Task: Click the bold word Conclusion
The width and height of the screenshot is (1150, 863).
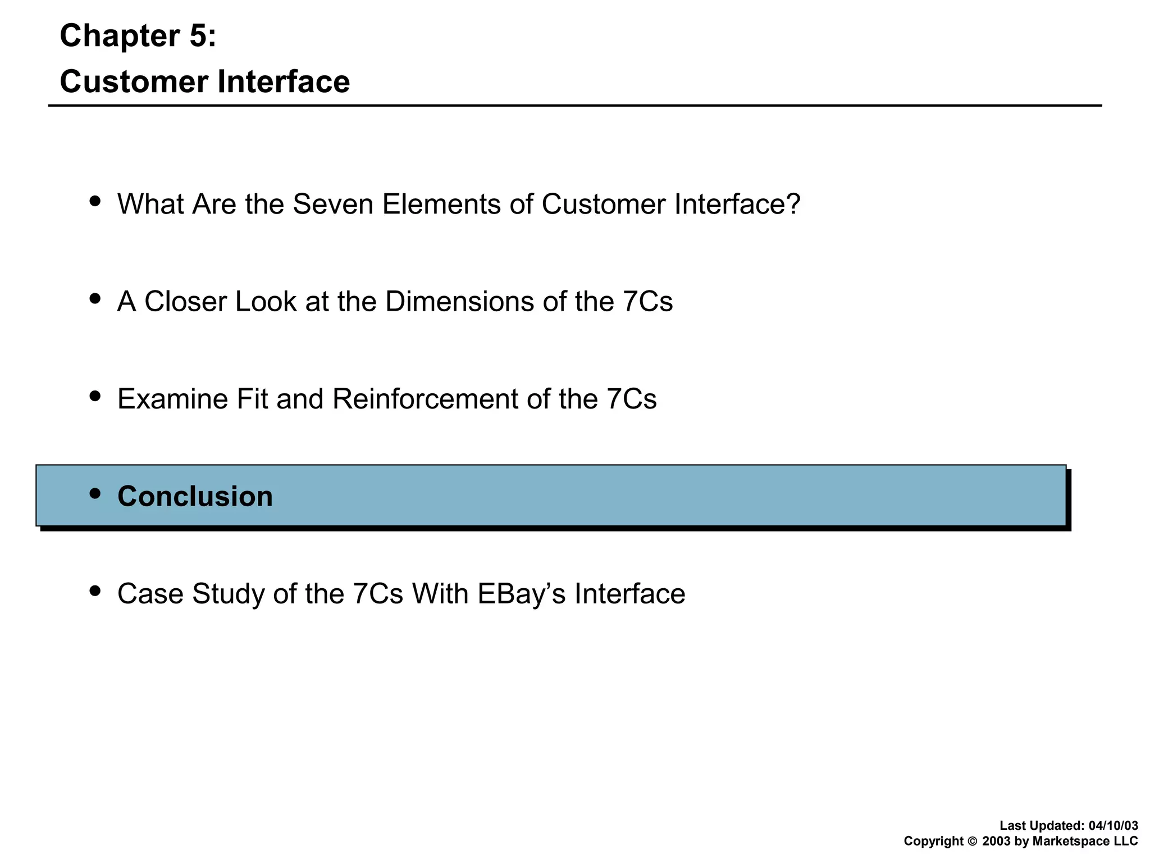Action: point(195,497)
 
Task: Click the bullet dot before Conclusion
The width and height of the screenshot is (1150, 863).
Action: point(95,493)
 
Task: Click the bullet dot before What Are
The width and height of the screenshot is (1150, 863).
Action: point(95,201)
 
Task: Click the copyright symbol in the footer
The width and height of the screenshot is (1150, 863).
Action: point(973,842)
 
